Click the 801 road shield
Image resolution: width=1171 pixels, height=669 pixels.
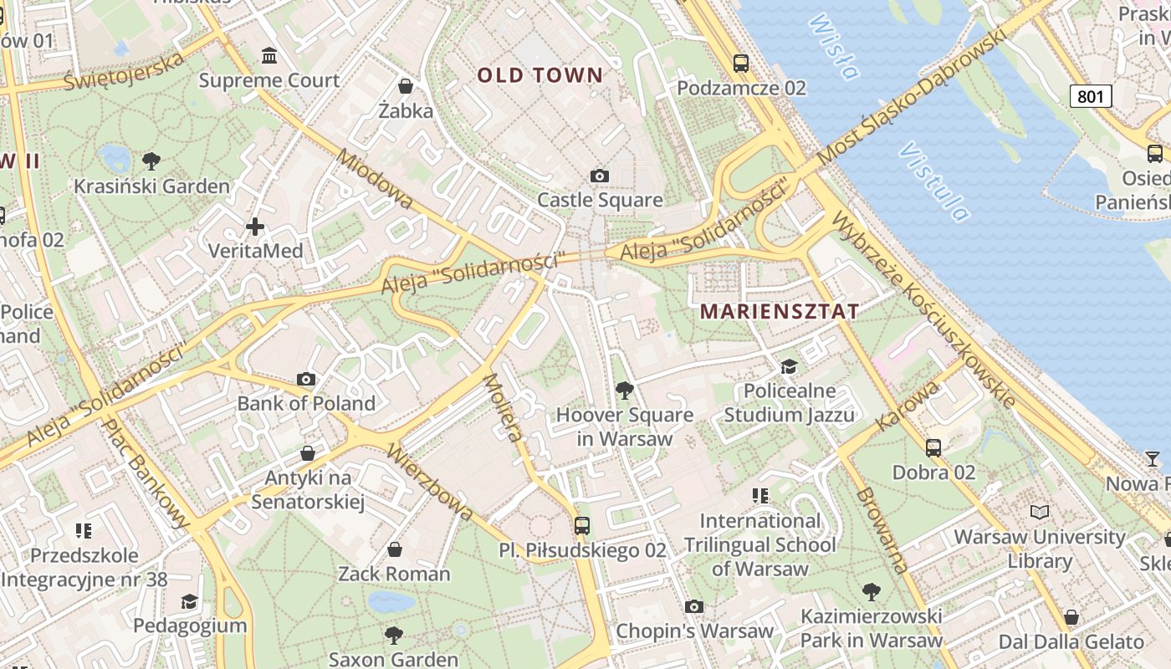[1090, 96]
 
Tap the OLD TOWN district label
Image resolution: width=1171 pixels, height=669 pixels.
[539, 75]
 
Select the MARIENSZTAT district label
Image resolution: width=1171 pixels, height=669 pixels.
[779, 312]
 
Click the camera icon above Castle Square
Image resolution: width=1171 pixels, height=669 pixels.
[599, 176]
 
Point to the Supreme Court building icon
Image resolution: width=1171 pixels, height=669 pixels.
[269, 56]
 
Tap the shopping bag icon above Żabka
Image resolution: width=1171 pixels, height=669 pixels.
[406, 86]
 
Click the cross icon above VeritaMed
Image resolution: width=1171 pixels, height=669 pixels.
[255, 227]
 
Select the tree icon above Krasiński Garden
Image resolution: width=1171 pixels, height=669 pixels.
[151, 161]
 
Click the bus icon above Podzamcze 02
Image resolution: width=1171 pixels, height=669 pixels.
[741, 63]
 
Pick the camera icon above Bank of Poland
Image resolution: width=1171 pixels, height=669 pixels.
[306, 380]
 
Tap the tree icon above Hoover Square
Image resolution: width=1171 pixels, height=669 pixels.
[624, 391]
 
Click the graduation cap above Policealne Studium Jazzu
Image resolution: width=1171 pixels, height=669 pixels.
[789, 366]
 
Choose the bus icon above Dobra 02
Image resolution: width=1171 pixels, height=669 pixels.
[933, 448]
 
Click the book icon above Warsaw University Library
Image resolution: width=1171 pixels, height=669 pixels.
[1040, 512]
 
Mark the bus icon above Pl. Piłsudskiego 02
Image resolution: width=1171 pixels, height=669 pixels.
[582, 526]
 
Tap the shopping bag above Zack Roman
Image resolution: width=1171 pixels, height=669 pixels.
[394, 549]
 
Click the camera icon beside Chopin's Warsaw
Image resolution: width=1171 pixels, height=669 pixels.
[694, 606]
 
